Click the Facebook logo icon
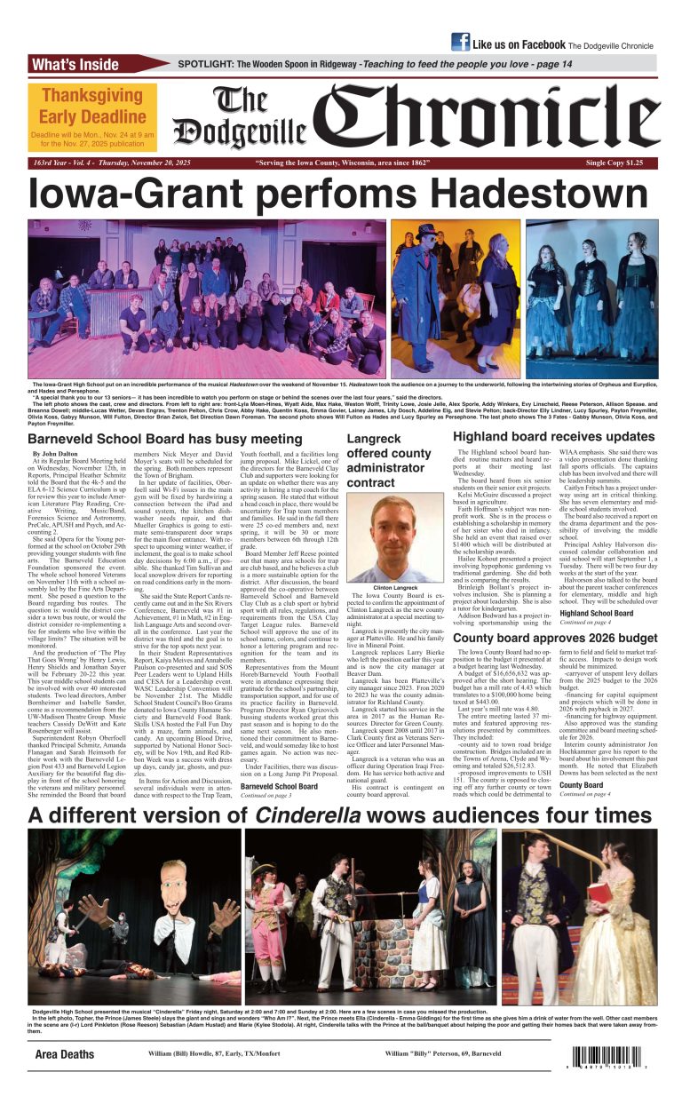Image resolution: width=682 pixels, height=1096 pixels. tap(460, 42)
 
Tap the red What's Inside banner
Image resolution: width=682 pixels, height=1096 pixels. tap(75, 65)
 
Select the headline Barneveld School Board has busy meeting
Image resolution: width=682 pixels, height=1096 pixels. tap(165, 439)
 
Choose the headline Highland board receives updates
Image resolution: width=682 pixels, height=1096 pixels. tap(553, 437)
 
